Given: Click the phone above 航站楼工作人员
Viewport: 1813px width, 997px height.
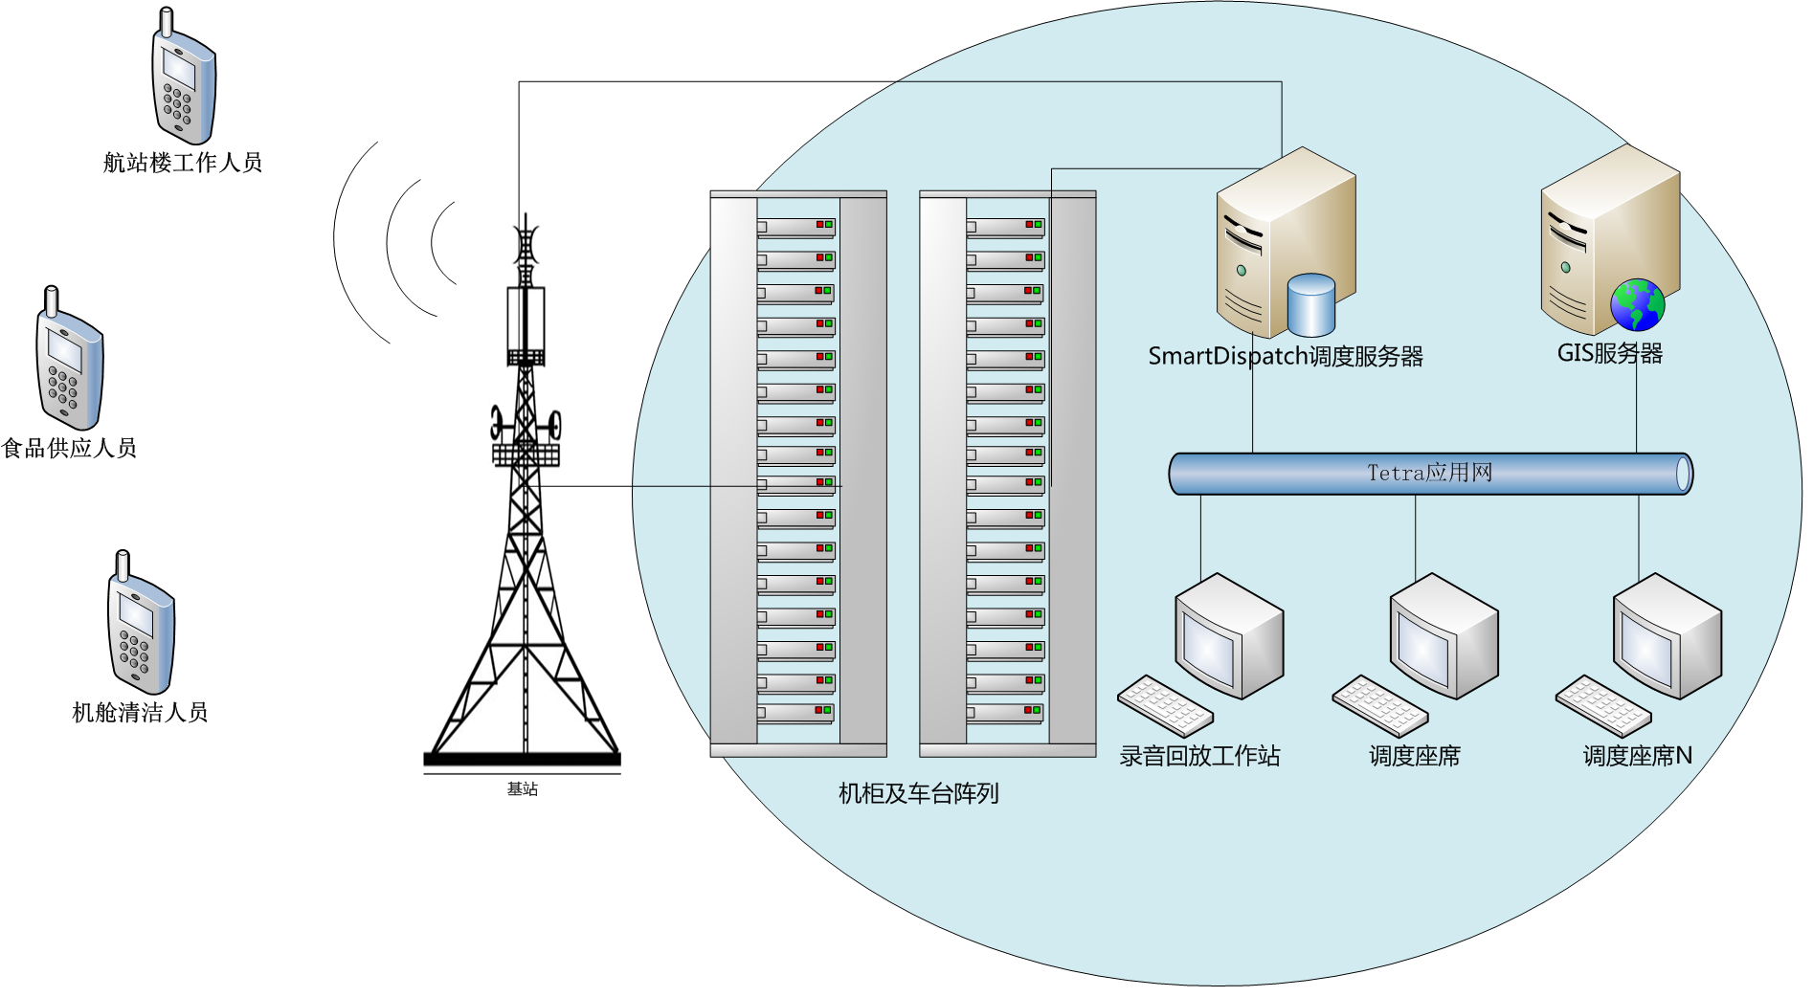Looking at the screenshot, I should [x=184, y=81].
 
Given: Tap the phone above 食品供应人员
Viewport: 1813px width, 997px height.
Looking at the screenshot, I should [x=69, y=361].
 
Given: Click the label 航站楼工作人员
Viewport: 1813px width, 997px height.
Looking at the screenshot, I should [x=182, y=163].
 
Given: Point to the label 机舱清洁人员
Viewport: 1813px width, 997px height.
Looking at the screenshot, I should [x=140, y=712].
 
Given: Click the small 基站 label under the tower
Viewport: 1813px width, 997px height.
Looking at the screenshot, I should [x=523, y=789].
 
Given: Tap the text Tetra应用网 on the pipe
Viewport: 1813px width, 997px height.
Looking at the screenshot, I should [x=1429, y=473].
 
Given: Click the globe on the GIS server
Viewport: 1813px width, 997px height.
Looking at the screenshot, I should [x=1637, y=305].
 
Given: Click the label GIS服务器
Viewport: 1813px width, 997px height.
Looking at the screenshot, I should [x=1609, y=353].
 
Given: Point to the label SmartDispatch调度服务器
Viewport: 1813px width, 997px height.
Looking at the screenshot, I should [x=1285, y=357].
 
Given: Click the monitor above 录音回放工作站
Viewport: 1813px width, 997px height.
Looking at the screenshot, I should [x=1228, y=635].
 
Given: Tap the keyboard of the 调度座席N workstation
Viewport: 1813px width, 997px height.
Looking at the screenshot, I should [x=1602, y=706].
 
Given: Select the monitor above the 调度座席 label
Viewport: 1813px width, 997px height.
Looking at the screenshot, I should [x=1443, y=635].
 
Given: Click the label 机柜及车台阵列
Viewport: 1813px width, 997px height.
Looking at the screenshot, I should [x=918, y=793].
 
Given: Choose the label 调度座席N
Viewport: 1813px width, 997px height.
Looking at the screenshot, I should [x=1637, y=756].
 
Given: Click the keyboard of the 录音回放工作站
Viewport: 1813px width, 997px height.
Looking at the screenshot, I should [x=1165, y=706].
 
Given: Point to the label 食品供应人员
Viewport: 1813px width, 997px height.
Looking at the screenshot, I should [x=69, y=448].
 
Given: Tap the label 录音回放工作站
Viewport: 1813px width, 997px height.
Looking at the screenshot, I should [x=1199, y=756].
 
